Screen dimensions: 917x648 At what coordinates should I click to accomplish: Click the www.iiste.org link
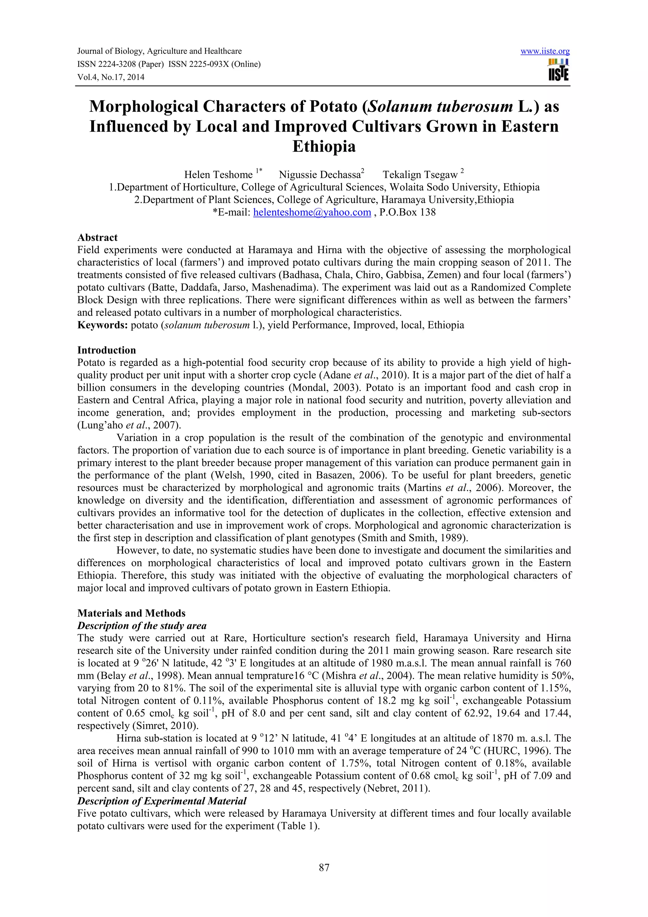545,51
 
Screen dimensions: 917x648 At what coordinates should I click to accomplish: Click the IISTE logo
558,70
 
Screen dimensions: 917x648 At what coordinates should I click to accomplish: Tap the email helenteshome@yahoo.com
312,212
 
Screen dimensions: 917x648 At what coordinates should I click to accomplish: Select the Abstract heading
97,238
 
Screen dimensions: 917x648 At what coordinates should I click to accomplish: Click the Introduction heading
106,350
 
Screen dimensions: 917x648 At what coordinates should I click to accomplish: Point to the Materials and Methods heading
131,613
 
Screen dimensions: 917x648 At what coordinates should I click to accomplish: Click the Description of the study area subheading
142,626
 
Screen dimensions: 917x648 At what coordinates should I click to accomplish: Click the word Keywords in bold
102,325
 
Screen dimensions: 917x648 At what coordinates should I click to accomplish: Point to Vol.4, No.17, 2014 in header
111,77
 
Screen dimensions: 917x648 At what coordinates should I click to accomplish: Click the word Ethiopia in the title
324,147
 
